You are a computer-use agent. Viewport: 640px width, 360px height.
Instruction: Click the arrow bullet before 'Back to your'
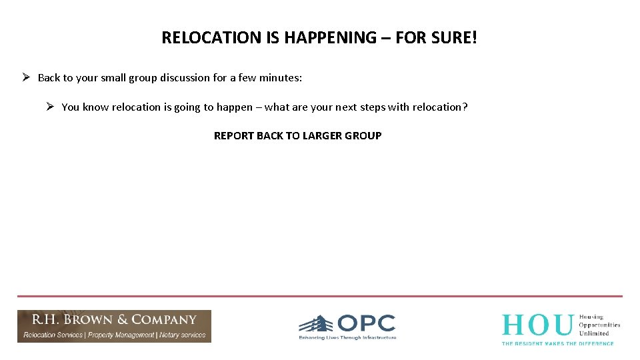coord(25,77)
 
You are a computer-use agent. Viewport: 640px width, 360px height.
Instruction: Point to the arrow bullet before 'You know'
coord(50,107)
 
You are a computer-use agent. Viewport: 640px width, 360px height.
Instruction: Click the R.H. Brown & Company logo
coord(114,326)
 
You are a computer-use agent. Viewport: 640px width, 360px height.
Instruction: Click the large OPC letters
coord(366,324)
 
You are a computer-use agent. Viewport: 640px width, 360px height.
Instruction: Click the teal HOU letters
coord(537,325)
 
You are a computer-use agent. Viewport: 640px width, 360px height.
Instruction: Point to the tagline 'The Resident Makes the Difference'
coord(557,343)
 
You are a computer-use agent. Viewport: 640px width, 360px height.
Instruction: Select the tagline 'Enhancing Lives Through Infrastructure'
coord(347,338)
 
